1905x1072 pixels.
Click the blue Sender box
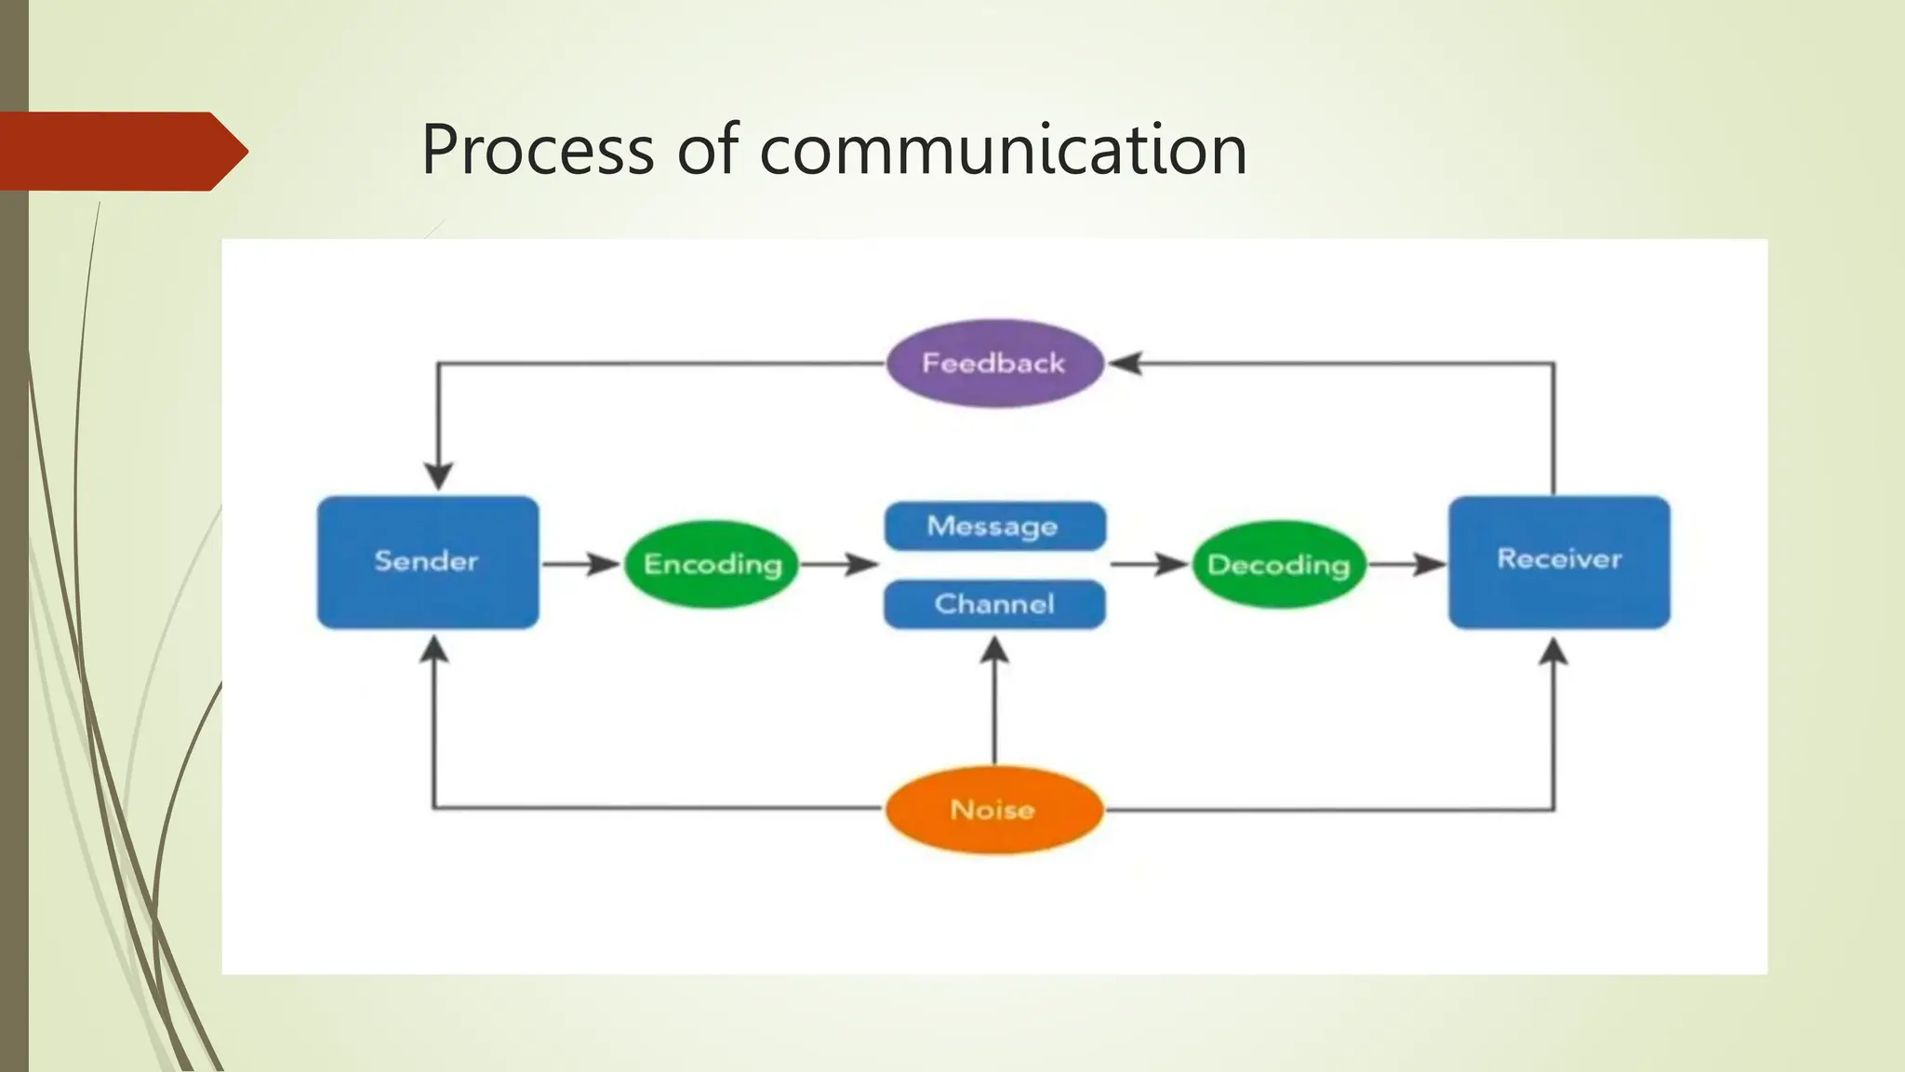428,562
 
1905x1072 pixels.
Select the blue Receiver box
1559,561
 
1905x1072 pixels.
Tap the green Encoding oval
712,564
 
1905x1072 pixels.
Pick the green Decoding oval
1278,564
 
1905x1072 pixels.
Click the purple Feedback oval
993,363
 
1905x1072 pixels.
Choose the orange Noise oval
993,810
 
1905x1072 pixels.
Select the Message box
993,526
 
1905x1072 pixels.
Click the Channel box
993,604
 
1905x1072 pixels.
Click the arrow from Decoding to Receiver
1406,563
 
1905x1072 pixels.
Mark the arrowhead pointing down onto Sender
438,476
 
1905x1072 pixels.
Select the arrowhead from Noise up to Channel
994,650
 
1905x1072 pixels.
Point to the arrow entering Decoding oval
1150,563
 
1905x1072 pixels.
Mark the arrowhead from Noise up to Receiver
1552,651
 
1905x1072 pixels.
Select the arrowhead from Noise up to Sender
433,649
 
